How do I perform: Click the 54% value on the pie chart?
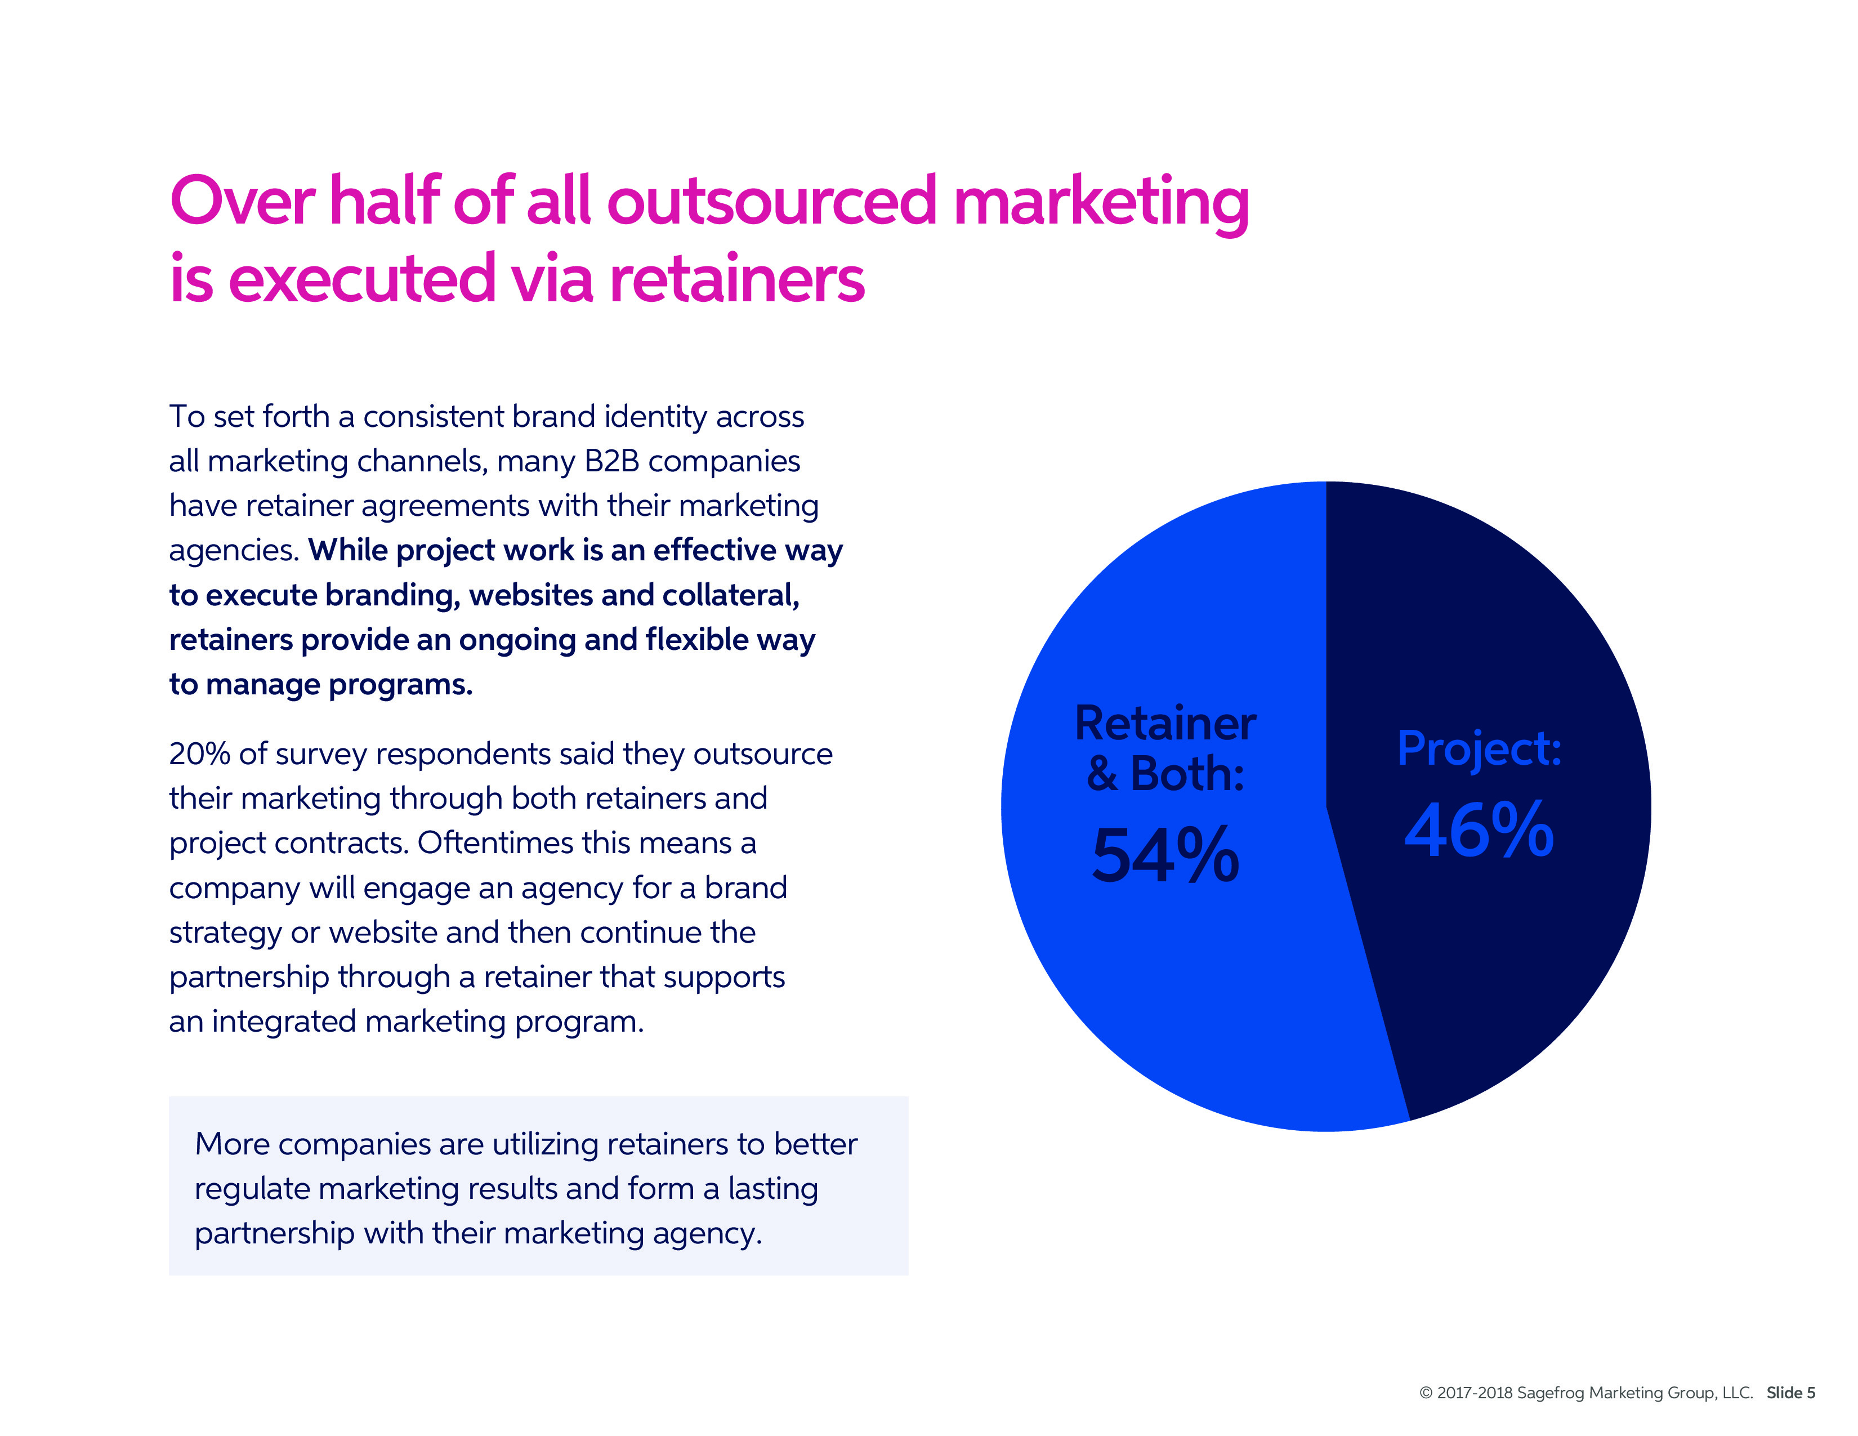[x=1165, y=856]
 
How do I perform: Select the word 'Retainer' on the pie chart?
[x=1165, y=724]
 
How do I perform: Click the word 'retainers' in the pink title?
[x=737, y=278]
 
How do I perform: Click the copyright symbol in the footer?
[x=1426, y=1393]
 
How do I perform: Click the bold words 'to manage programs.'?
[x=321, y=685]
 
